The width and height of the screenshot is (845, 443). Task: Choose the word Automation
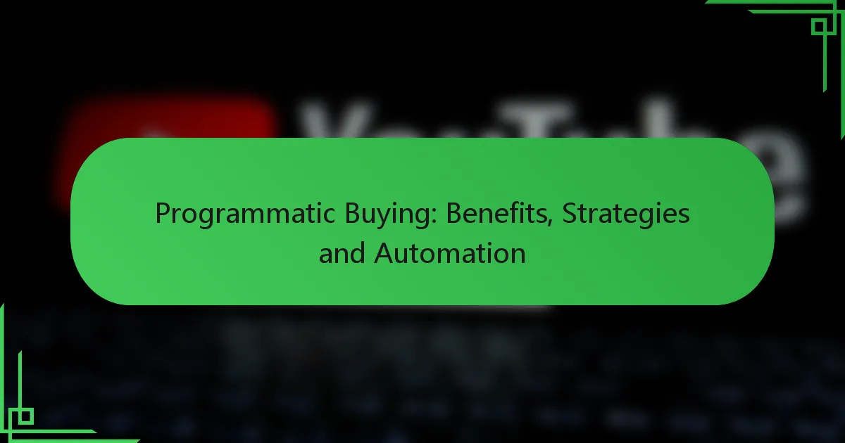coord(450,252)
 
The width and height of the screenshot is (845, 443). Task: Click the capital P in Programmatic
coord(161,214)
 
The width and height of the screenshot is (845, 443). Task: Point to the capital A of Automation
coord(383,252)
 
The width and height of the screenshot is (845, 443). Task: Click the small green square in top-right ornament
coord(818,27)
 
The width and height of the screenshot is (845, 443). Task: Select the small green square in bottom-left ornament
coord(25,416)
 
